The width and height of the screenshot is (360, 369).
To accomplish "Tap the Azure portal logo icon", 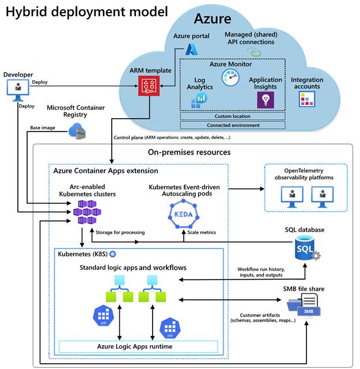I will click(x=191, y=49).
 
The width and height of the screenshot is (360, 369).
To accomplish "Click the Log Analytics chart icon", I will click(x=199, y=100).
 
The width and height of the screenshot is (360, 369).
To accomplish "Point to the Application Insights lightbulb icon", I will click(x=265, y=100).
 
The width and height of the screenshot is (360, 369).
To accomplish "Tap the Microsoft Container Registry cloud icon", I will click(x=77, y=132).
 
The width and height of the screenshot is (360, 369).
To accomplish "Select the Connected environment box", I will click(x=232, y=125).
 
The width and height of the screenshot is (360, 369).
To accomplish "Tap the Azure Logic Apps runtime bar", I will click(x=138, y=346).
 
